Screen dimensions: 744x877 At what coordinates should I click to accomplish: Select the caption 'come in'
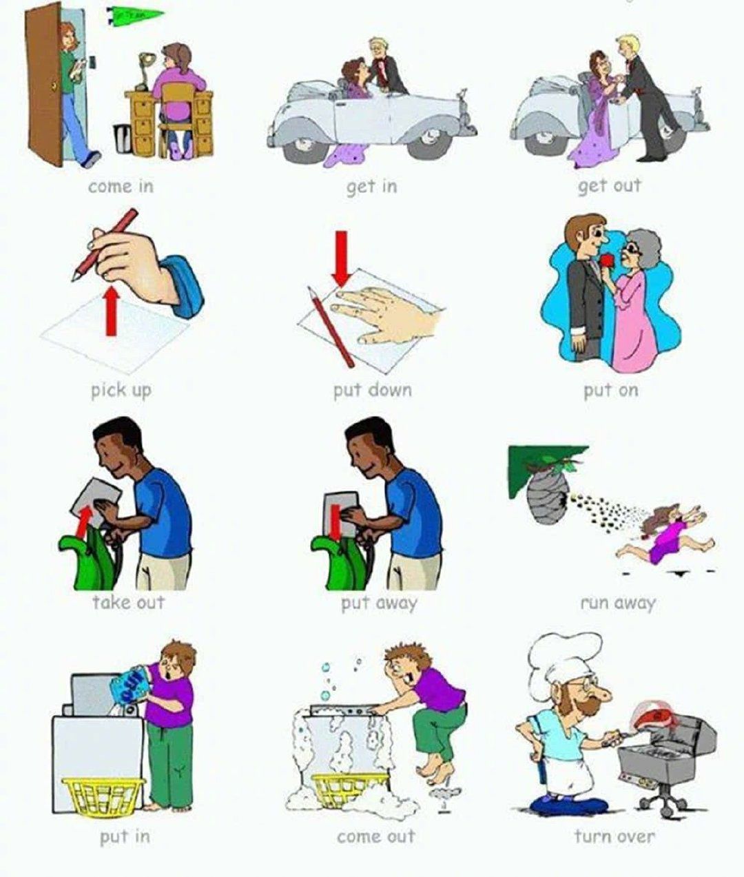[x=121, y=187]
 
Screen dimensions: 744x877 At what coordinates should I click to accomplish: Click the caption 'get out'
[x=609, y=187]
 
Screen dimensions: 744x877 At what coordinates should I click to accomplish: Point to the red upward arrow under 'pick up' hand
[x=111, y=311]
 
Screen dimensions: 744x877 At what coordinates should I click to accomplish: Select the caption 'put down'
[x=373, y=391]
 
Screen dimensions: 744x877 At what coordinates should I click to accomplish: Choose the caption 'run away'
[x=618, y=603]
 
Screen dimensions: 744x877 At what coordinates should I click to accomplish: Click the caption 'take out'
[x=129, y=602]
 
